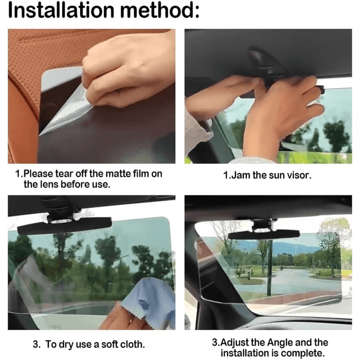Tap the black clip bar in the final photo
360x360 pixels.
(264, 234)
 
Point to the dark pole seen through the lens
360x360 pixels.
(270, 266)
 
